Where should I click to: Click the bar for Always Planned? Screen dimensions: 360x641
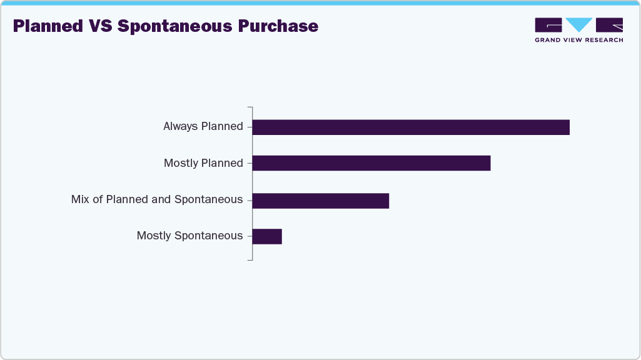pos(410,127)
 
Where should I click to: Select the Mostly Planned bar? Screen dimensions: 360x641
pos(371,163)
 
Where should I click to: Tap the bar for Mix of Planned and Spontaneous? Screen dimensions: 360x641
pos(320,201)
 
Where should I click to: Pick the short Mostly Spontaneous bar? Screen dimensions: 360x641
pos(267,236)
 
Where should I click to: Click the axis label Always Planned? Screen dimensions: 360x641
pos(203,126)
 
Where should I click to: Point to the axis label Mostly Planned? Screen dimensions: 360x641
pos(203,163)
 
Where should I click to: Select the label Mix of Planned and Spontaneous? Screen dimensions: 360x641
pos(157,199)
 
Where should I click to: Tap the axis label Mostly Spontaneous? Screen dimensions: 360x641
pos(189,236)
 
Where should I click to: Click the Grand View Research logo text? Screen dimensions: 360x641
pos(578,40)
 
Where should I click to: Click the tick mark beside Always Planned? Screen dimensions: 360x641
pos(250,127)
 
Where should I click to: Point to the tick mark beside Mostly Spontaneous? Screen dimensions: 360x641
pos(250,236)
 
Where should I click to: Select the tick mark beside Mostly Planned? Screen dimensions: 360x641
pos(250,163)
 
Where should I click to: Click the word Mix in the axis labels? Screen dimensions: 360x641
pos(79,199)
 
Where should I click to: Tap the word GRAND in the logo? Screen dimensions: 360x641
pos(548,40)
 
